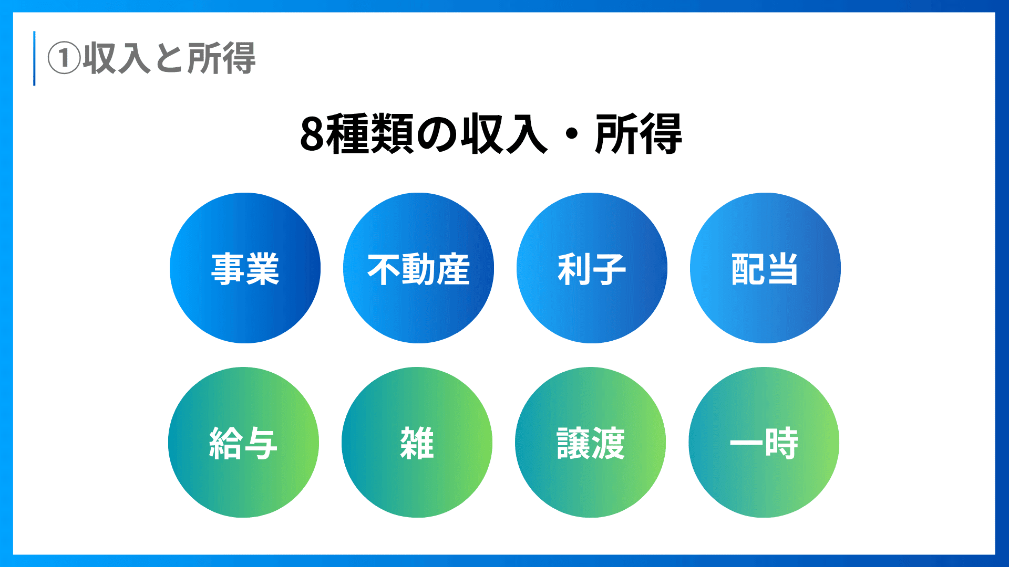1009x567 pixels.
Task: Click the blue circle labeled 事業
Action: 245,268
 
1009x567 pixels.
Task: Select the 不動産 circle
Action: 418,268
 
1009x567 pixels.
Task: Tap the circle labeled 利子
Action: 592,268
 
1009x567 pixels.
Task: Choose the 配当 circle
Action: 765,268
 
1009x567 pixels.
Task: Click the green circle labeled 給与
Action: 243,442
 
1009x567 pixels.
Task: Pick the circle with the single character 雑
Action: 417,442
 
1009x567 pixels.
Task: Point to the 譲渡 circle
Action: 590,442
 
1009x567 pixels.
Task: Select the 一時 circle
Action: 764,442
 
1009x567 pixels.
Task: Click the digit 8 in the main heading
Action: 312,134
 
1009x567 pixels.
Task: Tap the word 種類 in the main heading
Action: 370,134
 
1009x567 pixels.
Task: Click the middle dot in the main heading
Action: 572,135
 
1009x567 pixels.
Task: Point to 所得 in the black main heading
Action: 639,134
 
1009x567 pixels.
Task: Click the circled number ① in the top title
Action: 64,58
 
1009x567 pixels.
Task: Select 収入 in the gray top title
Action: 117,58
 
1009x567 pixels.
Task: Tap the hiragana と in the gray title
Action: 169,58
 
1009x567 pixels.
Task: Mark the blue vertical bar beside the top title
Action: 34,58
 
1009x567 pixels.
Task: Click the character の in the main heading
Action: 437,134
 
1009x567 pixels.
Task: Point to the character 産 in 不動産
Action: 453,269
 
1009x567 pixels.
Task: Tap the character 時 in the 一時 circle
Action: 781,443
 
